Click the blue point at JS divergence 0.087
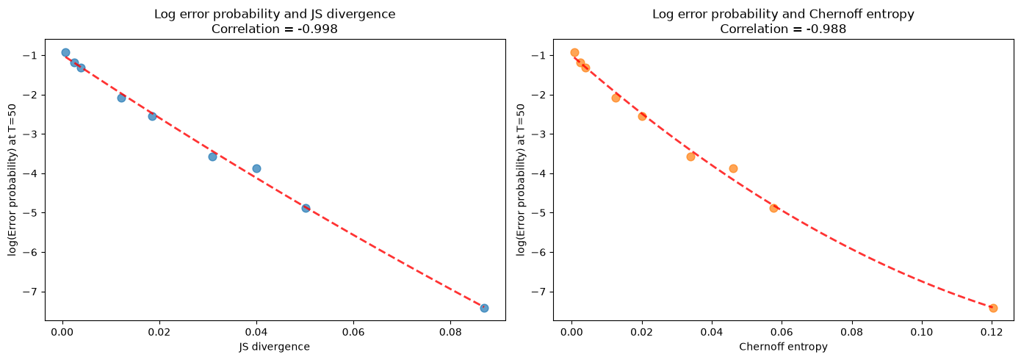click(484, 308)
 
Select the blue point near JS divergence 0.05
click(306, 208)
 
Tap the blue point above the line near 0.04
click(256, 168)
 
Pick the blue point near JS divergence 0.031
click(212, 156)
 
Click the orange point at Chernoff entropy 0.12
click(993, 308)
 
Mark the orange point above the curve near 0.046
click(733, 168)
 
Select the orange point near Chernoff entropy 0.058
click(773, 208)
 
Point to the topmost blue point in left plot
click(65, 52)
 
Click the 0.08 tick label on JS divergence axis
click(450, 332)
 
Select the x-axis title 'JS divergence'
click(275, 347)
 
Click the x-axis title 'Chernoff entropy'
click(783, 347)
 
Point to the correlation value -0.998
click(319, 29)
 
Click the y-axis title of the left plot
click(12, 180)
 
